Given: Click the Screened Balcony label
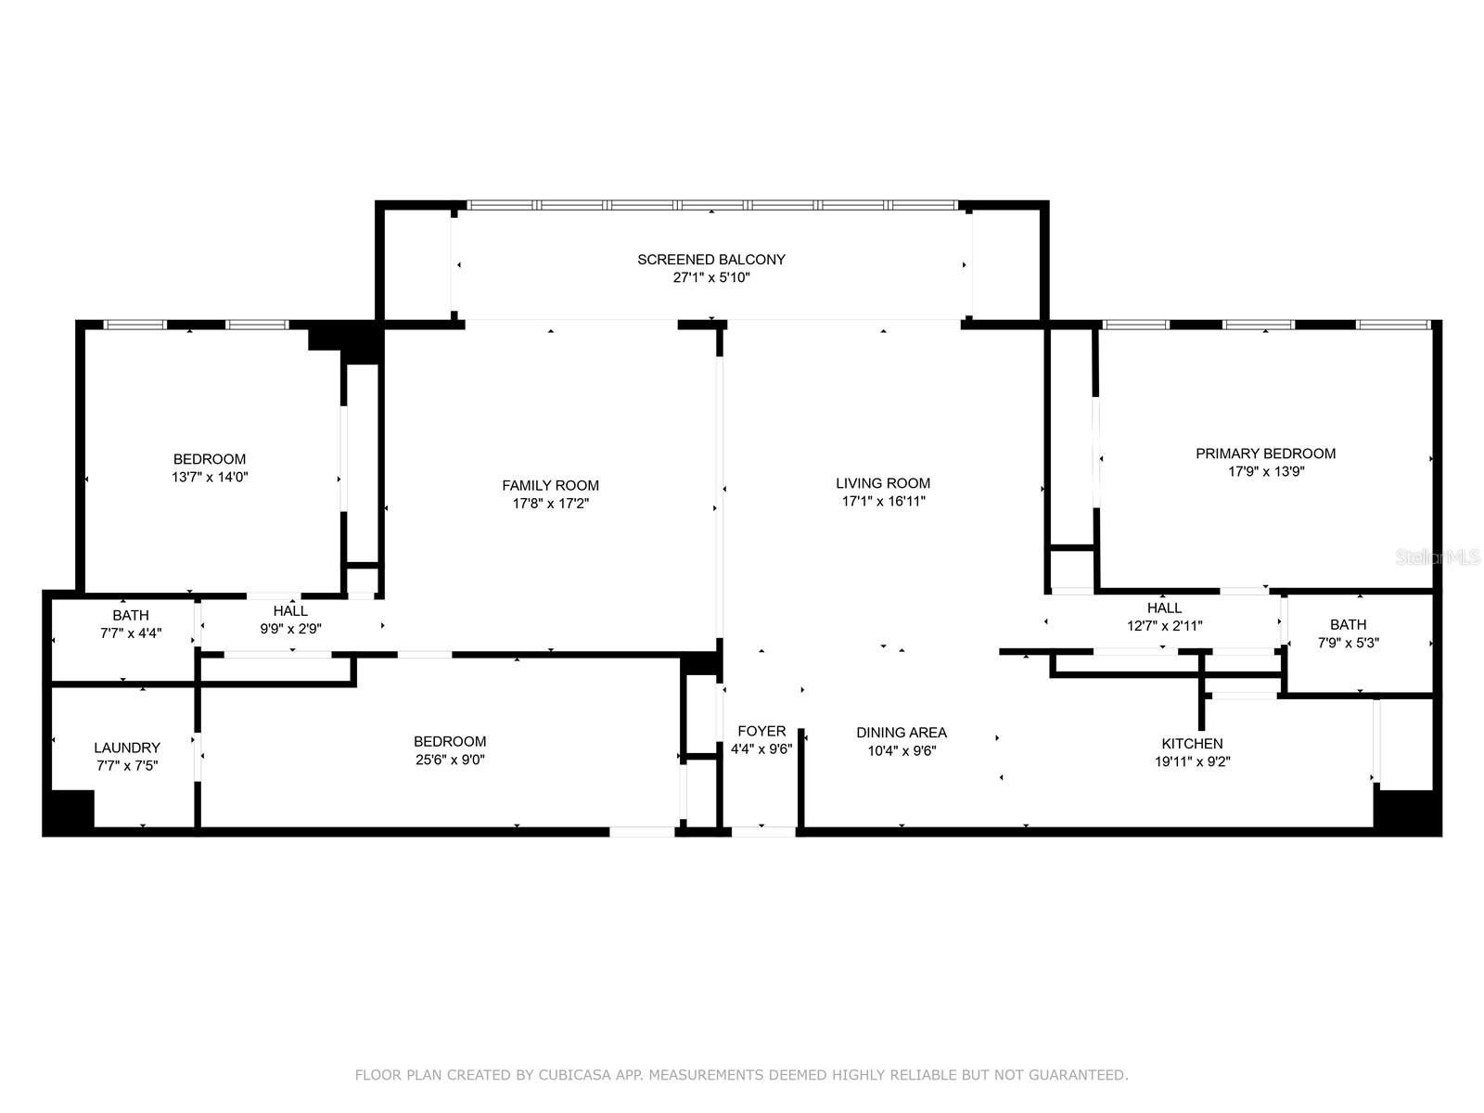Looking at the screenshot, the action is click(710, 260).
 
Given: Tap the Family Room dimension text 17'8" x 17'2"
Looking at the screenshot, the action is click(550, 504).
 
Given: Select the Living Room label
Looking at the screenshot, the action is click(882, 483).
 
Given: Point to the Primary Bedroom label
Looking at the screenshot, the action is click(1265, 454).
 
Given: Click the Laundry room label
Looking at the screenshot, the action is click(127, 748).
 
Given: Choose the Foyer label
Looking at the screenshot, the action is click(761, 731).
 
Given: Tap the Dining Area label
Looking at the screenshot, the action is click(902, 733).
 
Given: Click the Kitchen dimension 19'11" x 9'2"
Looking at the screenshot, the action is click(1192, 761).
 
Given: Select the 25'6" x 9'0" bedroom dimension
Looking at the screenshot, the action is click(450, 760).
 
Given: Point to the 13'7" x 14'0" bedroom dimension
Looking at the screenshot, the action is click(210, 477).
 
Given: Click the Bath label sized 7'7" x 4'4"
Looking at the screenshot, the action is click(131, 616).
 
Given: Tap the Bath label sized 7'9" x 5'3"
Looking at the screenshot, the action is click(1348, 625).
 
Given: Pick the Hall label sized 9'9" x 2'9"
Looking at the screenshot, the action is click(290, 611).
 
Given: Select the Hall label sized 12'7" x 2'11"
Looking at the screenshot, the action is click(1164, 608).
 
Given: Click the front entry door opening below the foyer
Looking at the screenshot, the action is click(763, 832).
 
